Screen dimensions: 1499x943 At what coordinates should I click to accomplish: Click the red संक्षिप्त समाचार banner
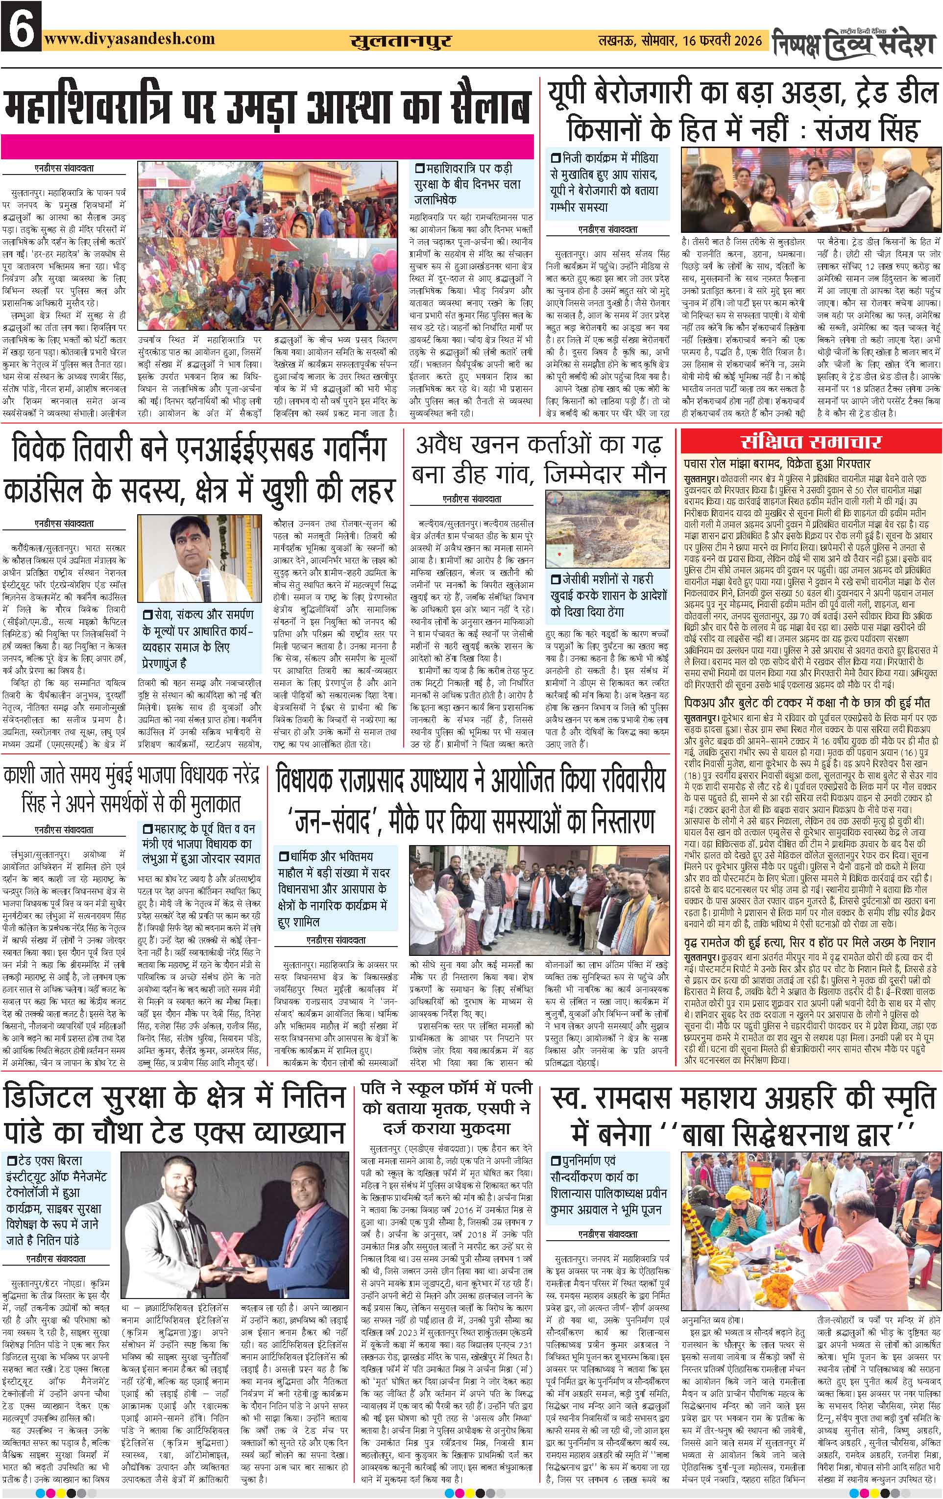pyautogui.click(x=811, y=443)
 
